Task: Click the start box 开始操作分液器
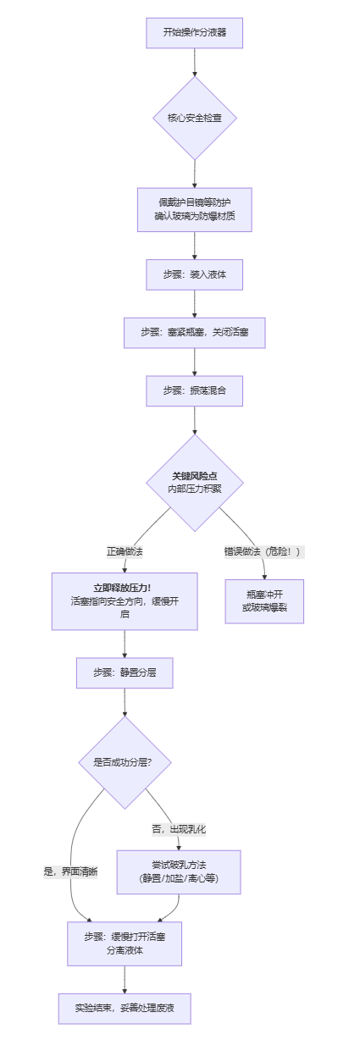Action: (195, 33)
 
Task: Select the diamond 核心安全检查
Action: (195, 118)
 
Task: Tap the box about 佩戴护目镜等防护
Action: (195, 209)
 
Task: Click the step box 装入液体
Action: (195, 274)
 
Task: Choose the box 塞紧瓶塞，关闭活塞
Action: (195, 333)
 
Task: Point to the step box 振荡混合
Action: (195, 391)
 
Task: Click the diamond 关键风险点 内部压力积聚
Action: (195, 483)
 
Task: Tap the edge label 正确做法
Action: (125, 551)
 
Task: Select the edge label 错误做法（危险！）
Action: (263, 551)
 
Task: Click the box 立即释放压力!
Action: (125, 600)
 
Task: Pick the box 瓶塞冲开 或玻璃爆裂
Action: (264, 600)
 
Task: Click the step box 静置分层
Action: (125, 673)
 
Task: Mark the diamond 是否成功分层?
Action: (125, 762)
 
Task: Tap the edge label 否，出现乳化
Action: (179, 828)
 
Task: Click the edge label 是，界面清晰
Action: (70, 871)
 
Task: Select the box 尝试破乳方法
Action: (179, 871)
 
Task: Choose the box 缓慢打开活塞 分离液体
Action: (125, 943)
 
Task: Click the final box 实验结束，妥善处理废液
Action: (125, 1008)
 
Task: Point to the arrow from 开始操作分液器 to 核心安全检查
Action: (195, 62)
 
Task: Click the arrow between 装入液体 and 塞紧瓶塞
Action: (195, 303)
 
